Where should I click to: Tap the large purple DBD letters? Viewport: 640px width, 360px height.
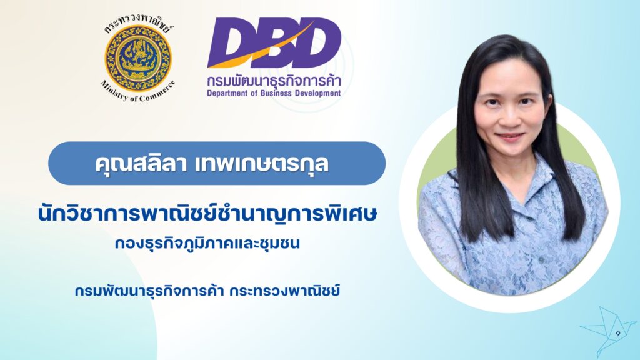point(274,42)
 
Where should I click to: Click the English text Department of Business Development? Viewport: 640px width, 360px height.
point(274,93)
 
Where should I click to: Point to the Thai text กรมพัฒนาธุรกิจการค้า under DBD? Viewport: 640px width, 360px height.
point(274,79)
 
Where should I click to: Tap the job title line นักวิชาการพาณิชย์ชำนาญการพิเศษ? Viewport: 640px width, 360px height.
point(207,214)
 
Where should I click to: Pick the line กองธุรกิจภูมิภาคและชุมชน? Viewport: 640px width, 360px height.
point(207,244)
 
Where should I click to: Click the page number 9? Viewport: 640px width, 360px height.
point(618,334)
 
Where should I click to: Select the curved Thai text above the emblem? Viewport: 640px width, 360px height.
point(138,24)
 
